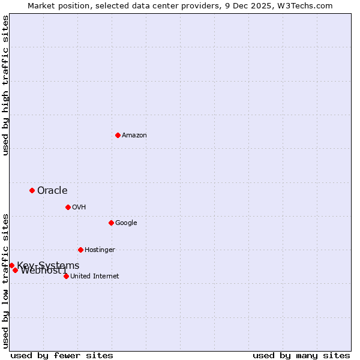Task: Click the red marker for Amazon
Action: click(x=118, y=135)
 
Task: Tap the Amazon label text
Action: click(x=134, y=136)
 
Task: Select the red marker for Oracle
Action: click(x=32, y=190)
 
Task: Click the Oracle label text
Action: click(x=52, y=191)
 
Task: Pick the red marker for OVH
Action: click(x=68, y=207)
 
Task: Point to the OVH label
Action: click(x=79, y=208)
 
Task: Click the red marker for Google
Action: click(x=111, y=223)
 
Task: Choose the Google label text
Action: click(x=126, y=223)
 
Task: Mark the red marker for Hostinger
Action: click(x=80, y=250)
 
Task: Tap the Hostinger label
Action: click(x=100, y=250)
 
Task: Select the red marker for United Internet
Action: click(x=66, y=276)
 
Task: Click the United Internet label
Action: click(x=95, y=277)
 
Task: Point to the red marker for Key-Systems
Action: click(x=11, y=265)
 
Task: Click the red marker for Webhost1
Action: click(x=15, y=270)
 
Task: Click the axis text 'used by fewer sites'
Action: click(x=62, y=356)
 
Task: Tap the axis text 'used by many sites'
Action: click(x=301, y=356)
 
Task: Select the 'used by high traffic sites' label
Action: click(x=5, y=85)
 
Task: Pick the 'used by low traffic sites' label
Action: click(x=5, y=280)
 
